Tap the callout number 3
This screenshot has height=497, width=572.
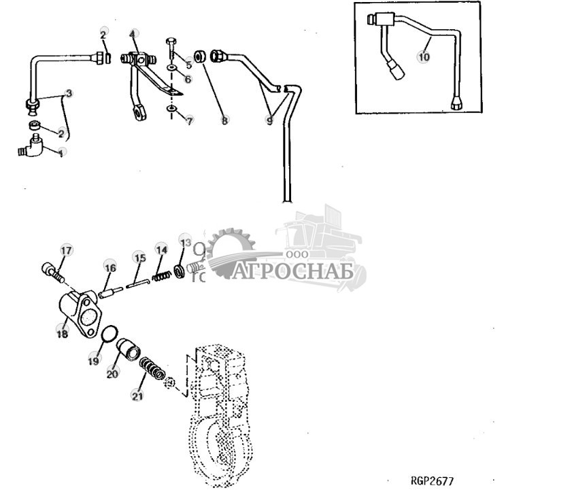click(68, 92)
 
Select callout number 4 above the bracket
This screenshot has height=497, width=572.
click(133, 33)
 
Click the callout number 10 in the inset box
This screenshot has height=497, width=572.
click(424, 57)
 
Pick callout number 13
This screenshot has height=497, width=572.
click(185, 241)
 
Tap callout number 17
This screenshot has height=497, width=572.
click(66, 251)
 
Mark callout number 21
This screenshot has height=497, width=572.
click(138, 396)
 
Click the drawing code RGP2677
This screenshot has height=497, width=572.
click(432, 481)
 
